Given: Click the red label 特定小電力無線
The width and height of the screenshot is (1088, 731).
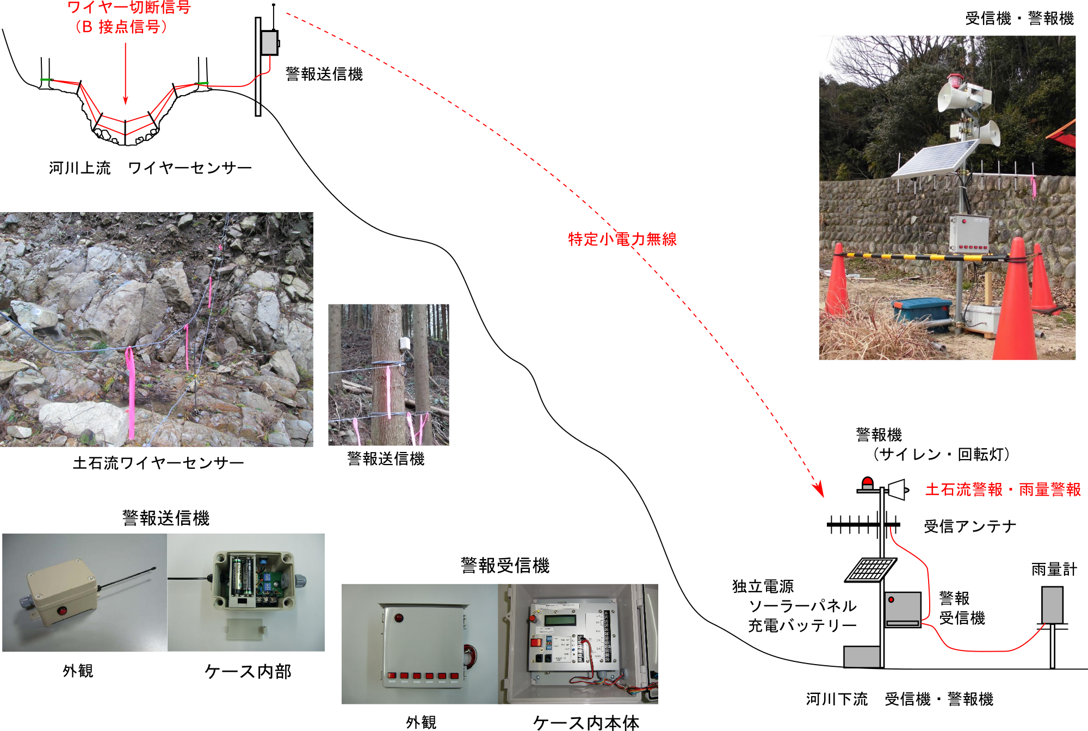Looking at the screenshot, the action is click(x=622, y=239).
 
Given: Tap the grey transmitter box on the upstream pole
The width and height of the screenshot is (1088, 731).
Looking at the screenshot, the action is click(x=269, y=43).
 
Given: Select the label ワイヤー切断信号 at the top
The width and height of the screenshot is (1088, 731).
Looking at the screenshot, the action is click(x=129, y=8).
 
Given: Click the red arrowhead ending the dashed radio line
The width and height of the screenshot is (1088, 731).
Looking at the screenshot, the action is click(x=819, y=489).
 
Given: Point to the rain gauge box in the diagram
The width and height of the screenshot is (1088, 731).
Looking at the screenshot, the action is click(x=1052, y=605).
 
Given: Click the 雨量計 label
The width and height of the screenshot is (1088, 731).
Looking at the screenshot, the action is click(x=1054, y=569).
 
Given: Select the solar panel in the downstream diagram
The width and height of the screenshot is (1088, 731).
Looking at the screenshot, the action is click(x=871, y=569).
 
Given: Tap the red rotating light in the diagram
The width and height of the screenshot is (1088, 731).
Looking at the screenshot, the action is click(x=868, y=482).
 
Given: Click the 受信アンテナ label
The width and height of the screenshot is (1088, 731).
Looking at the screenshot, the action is click(x=970, y=526).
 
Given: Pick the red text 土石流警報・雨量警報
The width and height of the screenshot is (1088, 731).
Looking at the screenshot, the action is click(x=1003, y=490).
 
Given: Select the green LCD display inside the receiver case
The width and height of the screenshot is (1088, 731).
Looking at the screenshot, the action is click(x=560, y=620).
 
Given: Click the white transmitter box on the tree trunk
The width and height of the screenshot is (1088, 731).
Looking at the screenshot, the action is click(x=405, y=344).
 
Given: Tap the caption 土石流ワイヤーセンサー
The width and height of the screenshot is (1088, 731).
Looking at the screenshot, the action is click(x=158, y=463).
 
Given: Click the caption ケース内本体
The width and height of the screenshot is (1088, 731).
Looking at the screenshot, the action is click(x=586, y=722).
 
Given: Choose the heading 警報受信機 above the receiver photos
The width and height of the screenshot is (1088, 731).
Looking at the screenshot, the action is click(x=505, y=566).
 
